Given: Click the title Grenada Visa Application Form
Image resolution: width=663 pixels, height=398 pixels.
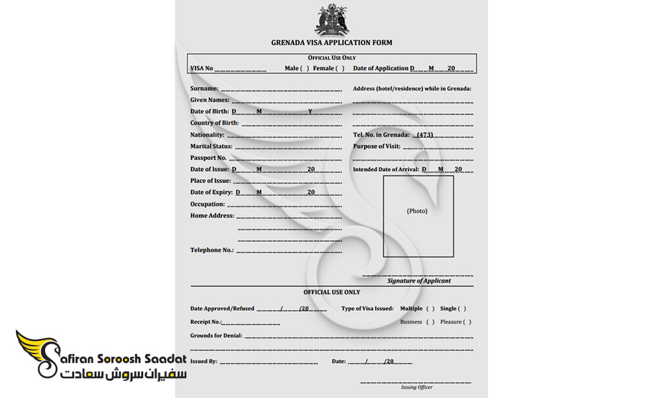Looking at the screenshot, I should tap(331, 42).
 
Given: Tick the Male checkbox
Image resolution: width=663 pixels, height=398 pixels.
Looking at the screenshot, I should tap(305, 68).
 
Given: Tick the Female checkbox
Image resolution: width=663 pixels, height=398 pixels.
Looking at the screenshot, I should tap(340, 68).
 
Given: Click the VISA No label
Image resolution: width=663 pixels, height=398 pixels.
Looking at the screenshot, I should tap(202, 68).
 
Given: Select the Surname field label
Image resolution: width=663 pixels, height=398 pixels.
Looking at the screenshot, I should tap(204, 88).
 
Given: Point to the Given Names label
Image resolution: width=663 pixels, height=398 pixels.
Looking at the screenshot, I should tap(210, 100).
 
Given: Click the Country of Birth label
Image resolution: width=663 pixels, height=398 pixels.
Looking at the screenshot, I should tap(214, 123).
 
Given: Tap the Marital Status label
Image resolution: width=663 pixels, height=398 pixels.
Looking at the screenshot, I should tap(211, 147).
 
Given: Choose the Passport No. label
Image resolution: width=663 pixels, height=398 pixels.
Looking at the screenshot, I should tap(208, 158).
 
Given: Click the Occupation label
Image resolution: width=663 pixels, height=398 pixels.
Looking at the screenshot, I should tap(208, 204).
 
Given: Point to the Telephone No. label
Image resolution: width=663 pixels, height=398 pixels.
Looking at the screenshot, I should tap(212, 250).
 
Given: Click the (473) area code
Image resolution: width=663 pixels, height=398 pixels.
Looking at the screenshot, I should tap(424, 135).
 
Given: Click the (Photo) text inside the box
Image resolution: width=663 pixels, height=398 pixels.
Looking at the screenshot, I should tap(417, 211).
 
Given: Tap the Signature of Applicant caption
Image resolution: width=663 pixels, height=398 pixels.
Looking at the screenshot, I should tap(418, 281).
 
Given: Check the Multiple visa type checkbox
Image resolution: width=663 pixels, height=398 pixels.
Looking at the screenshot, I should tap(430, 308).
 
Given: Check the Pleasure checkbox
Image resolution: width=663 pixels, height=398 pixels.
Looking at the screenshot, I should tap(467, 322).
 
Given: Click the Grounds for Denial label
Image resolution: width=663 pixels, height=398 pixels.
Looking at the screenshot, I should tap(216, 336).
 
